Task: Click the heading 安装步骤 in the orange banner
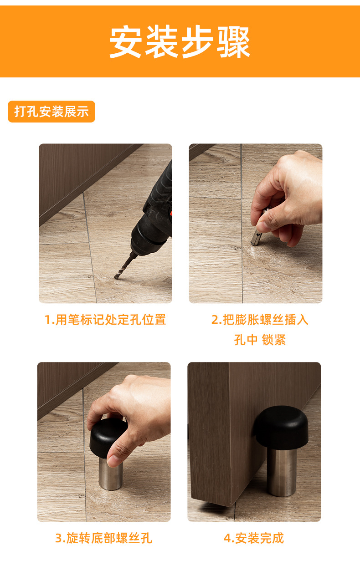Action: [180, 42]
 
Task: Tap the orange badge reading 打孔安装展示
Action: [51, 112]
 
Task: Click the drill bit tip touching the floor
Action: [116, 278]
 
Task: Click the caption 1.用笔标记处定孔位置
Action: [105, 320]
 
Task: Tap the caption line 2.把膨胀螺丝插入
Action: [260, 320]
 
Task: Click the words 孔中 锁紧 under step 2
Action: [260, 340]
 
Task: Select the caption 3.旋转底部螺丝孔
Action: [103, 538]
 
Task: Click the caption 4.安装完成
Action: [254, 538]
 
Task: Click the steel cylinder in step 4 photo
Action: [282, 472]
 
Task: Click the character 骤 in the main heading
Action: [233, 42]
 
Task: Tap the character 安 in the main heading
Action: [125, 42]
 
